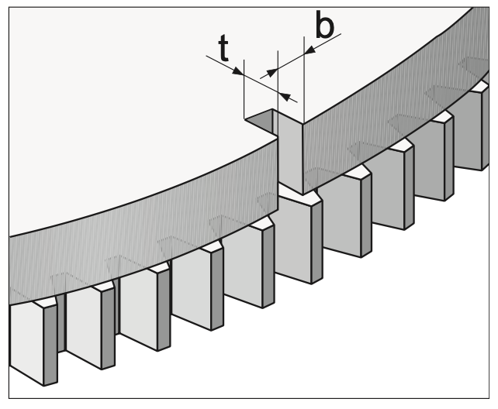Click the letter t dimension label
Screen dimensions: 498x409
(x=223, y=47)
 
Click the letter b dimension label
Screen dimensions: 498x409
(x=324, y=24)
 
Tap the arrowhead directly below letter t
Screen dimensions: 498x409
(x=238, y=71)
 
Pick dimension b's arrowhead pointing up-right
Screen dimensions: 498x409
(x=271, y=73)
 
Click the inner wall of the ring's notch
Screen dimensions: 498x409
(x=290, y=152)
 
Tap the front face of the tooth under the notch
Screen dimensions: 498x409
(x=293, y=238)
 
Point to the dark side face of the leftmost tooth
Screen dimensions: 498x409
(x=50, y=345)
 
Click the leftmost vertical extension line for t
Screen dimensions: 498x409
(x=244, y=89)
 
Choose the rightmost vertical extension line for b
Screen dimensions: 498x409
(x=304, y=80)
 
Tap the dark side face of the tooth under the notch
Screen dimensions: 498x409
(x=317, y=242)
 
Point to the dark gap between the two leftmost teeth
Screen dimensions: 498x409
(x=61, y=323)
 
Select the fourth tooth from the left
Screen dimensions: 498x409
(x=198, y=288)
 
